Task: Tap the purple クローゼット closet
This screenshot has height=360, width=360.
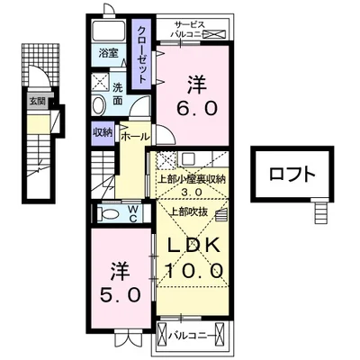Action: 142,55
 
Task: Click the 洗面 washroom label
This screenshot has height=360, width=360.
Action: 117,94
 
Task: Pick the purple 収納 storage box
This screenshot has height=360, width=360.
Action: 102,132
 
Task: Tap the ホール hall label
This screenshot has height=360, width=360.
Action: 133,138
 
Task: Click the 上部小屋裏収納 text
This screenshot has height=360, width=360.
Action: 190,177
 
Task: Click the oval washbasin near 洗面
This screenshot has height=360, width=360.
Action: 99,105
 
